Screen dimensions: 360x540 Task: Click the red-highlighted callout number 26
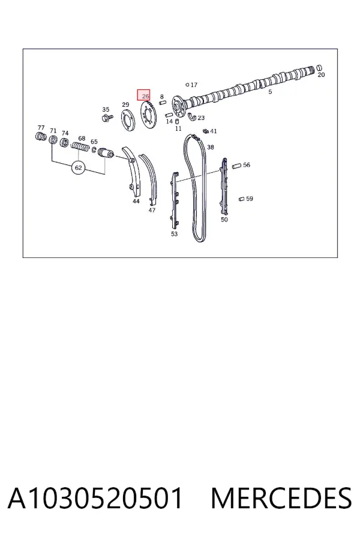145,96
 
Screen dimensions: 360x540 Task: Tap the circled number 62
79,168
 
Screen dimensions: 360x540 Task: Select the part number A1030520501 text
95,498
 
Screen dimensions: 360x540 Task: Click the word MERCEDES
281,498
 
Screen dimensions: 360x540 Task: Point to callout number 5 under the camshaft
270,92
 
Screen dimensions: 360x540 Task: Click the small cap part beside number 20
319,67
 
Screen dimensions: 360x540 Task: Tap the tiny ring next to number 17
187,85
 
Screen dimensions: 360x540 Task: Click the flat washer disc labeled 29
128,120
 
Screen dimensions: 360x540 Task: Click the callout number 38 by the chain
211,147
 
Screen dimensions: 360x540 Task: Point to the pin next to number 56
236,166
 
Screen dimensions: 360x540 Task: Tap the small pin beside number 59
241,199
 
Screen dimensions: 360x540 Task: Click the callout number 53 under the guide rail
175,234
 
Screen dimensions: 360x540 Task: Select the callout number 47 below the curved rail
152,210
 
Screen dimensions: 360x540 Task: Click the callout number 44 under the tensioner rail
136,201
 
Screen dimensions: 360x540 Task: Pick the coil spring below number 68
80,147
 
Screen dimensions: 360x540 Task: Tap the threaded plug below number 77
41,136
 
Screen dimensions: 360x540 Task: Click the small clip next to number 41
206,131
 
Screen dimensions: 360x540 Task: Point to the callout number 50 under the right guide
224,220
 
